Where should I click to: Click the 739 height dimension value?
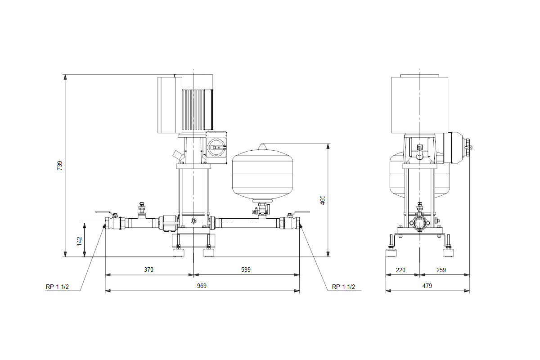59,166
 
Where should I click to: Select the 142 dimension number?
79,241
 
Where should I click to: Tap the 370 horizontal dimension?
148,270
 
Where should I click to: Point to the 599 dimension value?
246,270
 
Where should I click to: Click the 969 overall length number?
202,286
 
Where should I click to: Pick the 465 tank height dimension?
322,200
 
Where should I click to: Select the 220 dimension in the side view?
400,270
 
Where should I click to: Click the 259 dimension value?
441,270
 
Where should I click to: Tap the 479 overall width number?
427,286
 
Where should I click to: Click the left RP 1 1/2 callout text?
58,287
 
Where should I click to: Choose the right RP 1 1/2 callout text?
343,287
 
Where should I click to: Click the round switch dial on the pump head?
217,147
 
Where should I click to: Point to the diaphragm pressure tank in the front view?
262,174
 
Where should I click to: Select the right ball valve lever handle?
301,212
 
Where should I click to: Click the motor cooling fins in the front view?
198,110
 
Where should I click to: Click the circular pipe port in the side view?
420,224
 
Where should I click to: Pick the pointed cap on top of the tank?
262,147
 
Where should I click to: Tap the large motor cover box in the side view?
419,105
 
